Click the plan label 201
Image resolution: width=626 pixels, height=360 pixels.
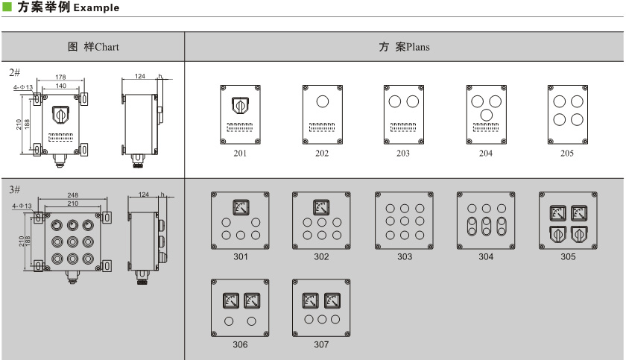pos(240,154)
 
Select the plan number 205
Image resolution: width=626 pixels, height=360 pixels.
pos(567,154)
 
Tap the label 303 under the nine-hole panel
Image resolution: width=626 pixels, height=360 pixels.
pos(404,257)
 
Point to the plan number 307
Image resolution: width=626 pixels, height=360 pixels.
pos(321,344)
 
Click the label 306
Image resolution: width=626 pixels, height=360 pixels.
pos(240,344)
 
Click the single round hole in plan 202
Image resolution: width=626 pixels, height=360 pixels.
pos(322,102)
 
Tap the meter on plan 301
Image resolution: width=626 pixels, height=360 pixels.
pos(241,206)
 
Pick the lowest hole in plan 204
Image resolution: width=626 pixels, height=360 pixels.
pos(486,114)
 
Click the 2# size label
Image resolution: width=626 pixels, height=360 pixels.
pos(13,72)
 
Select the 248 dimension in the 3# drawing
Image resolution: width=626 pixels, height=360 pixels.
pos(72,195)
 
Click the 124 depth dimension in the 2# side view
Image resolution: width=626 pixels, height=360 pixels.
pos(139,76)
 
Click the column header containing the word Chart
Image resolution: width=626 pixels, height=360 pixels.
pos(93,47)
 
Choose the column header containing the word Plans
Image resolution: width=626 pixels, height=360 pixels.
pos(404,47)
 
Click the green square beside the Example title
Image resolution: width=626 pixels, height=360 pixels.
pos(7,7)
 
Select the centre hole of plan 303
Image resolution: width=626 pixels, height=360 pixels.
pos(404,222)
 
